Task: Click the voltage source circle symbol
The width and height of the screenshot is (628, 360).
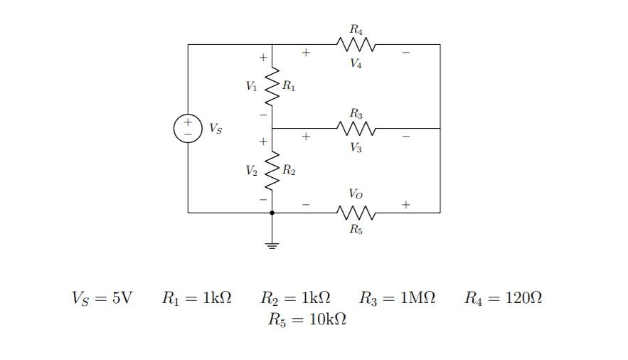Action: (x=188, y=129)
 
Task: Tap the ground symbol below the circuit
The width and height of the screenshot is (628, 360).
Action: (x=272, y=245)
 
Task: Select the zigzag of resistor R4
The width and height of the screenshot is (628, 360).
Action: (x=356, y=45)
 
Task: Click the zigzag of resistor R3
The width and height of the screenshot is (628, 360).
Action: (x=356, y=129)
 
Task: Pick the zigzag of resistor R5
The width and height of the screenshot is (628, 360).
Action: (x=356, y=213)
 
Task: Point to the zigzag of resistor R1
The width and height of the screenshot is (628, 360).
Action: (x=272, y=87)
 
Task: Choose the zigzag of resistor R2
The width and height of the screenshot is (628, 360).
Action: (x=272, y=171)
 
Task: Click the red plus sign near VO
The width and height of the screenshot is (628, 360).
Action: (x=405, y=204)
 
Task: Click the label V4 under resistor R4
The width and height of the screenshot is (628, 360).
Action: (x=356, y=64)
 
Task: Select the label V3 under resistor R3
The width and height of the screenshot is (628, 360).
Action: (x=356, y=148)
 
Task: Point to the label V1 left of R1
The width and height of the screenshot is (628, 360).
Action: (x=251, y=87)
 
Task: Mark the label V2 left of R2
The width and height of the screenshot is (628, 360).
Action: (x=251, y=171)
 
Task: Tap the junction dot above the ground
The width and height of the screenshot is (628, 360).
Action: (x=272, y=213)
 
